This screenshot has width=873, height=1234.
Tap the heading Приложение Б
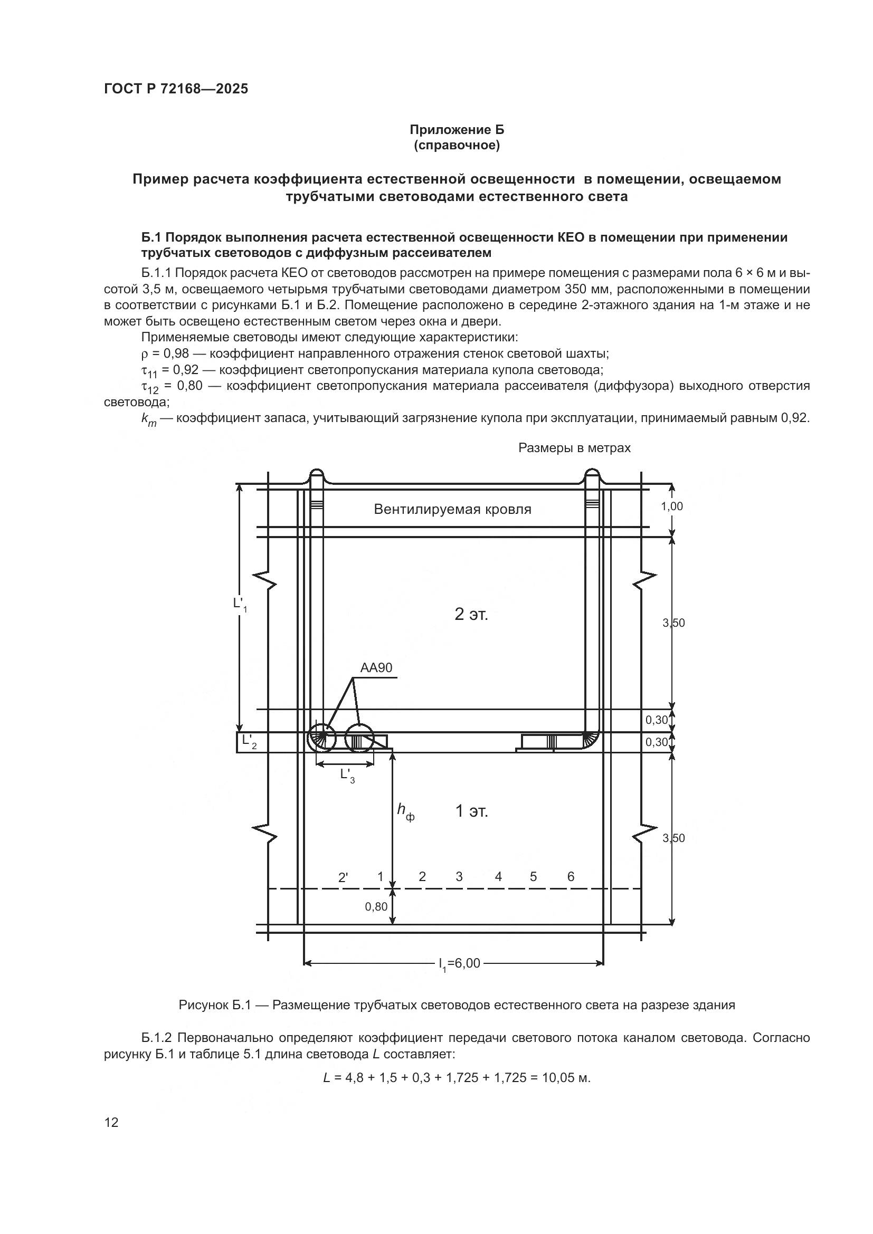[457, 130]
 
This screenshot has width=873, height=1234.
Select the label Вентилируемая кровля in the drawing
[452, 510]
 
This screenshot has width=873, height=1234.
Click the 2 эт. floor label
[471, 614]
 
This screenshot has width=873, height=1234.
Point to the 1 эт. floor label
[471, 811]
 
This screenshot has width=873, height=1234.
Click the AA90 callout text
[376, 667]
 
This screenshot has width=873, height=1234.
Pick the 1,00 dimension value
[671, 506]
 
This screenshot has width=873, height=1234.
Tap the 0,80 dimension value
[376, 907]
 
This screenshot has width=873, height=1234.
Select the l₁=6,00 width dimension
[459, 964]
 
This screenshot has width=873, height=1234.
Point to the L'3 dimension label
[347, 775]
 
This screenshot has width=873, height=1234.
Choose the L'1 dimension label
[240, 604]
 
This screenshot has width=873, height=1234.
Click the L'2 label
[249, 741]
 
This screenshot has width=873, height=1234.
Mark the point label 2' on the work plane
[343, 878]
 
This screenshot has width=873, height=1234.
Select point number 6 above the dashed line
[571, 877]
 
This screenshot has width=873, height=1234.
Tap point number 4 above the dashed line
[498, 877]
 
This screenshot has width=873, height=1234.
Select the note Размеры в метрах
[574, 448]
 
